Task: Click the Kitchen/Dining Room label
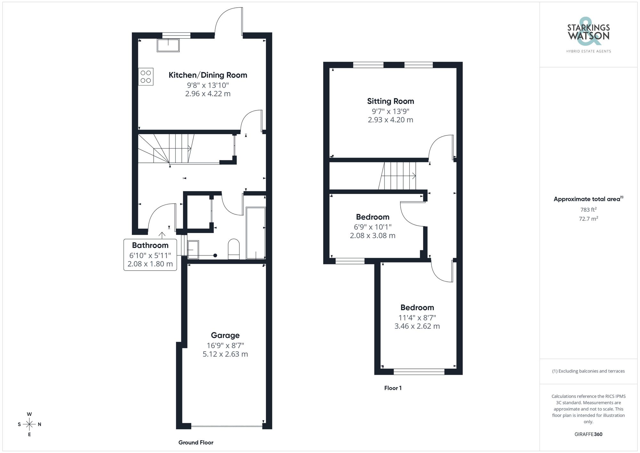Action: click(208, 75)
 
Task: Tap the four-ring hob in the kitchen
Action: click(146, 77)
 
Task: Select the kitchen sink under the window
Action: click(168, 45)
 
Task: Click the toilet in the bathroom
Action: click(234, 249)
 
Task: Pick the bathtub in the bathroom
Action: click(256, 233)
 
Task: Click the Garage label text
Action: click(225, 336)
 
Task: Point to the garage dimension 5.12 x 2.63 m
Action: click(225, 354)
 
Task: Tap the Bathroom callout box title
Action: click(150, 246)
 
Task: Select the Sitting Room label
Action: click(390, 101)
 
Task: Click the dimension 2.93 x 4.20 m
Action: click(390, 120)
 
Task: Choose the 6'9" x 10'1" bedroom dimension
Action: click(372, 227)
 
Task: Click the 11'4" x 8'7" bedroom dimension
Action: click(417, 318)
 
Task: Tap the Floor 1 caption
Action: click(393, 388)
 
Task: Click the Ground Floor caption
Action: click(196, 442)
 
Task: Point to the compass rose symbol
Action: click(29, 425)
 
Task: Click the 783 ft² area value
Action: click(588, 210)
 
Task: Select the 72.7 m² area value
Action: click(588, 219)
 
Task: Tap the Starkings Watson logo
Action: click(588, 35)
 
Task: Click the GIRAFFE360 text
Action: click(588, 434)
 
